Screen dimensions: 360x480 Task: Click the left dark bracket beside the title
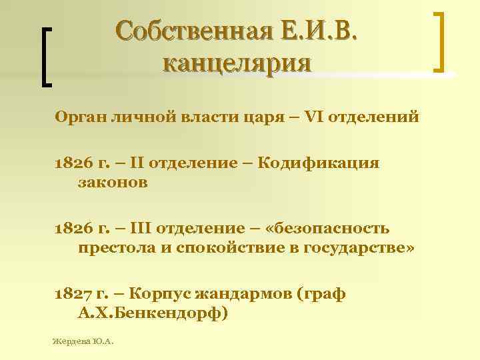[x=46, y=57]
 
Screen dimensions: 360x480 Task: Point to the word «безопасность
[x=327, y=229]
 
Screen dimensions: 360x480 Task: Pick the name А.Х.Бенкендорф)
[x=153, y=313]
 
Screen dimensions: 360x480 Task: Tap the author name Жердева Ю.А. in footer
[x=83, y=341]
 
